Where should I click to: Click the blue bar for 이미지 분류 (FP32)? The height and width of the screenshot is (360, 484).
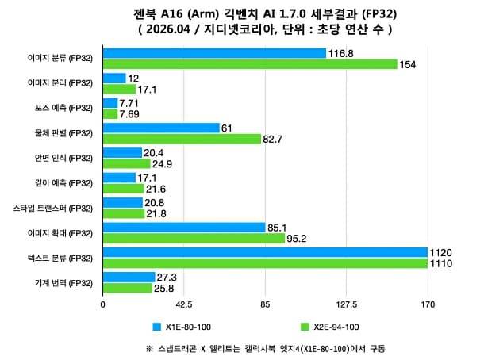(214, 53)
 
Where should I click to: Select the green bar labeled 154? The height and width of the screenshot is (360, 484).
(250, 64)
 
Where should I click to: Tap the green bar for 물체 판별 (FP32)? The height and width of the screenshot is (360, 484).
(182, 139)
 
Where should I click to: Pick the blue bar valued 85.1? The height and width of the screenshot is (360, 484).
(184, 228)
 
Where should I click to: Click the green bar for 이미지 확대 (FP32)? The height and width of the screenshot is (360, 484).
(194, 238)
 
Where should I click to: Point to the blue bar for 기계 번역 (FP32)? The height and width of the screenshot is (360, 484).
(129, 278)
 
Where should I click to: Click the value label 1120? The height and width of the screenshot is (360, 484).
(440, 252)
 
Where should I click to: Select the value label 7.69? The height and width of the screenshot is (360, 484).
(129, 114)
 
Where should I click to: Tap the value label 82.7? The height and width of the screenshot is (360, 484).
(275, 139)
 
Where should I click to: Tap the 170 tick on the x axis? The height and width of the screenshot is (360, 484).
(428, 303)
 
